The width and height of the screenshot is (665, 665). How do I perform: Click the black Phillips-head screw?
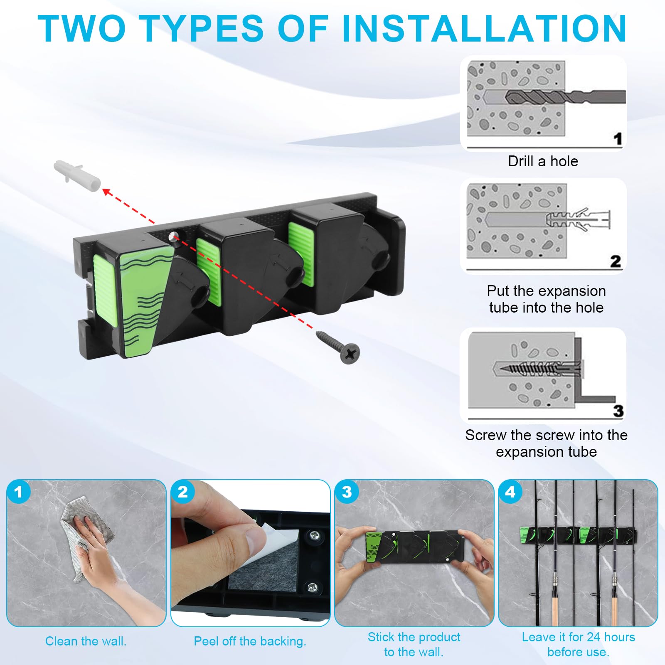click(x=338, y=346)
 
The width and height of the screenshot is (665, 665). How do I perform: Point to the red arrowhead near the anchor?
click(x=107, y=192)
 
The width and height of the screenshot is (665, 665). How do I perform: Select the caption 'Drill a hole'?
click(x=543, y=161)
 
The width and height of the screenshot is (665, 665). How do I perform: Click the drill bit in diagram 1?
click(x=565, y=97)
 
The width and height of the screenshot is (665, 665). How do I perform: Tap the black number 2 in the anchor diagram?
click(x=616, y=261)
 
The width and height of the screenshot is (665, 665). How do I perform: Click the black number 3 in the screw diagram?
click(x=618, y=411)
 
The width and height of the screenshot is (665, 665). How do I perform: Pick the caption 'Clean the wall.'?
click(x=86, y=641)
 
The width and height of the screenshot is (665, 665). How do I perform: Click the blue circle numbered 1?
click(x=18, y=492)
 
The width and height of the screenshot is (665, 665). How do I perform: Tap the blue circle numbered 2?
click(x=182, y=492)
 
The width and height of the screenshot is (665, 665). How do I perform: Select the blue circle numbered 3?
click(x=347, y=492)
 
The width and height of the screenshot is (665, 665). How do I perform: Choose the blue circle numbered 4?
click(x=510, y=492)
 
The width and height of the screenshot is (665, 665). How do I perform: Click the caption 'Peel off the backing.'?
click(x=250, y=641)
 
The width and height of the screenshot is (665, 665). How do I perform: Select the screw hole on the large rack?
click(x=173, y=236)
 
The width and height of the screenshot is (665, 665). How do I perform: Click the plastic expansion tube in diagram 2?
click(x=578, y=219)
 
